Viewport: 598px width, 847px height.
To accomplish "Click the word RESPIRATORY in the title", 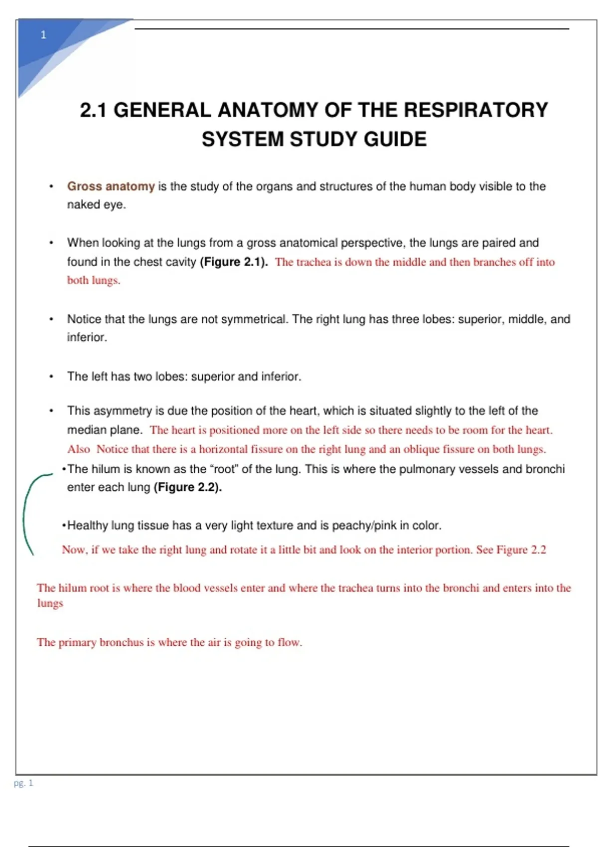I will click(x=475, y=110).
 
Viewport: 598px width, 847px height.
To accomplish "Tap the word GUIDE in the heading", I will click(x=395, y=139).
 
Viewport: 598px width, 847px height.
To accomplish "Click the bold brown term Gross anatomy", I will click(x=111, y=186).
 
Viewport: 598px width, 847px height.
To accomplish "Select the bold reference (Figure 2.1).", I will click(x=233, y=262).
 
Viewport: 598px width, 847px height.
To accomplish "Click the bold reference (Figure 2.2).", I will click(x=187, y=487).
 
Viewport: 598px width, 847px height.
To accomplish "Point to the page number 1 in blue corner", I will click(x=43, y=35).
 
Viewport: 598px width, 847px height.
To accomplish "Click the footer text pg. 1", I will click(x=23, y=783).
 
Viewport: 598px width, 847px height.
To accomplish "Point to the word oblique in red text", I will click(x=421, y=449).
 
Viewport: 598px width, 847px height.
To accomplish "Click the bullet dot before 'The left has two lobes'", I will click(x=51, y=377).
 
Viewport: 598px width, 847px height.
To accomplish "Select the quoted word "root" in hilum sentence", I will click(x=224, y=469).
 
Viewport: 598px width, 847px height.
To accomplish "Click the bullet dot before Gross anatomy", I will click(x=51, y=187).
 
